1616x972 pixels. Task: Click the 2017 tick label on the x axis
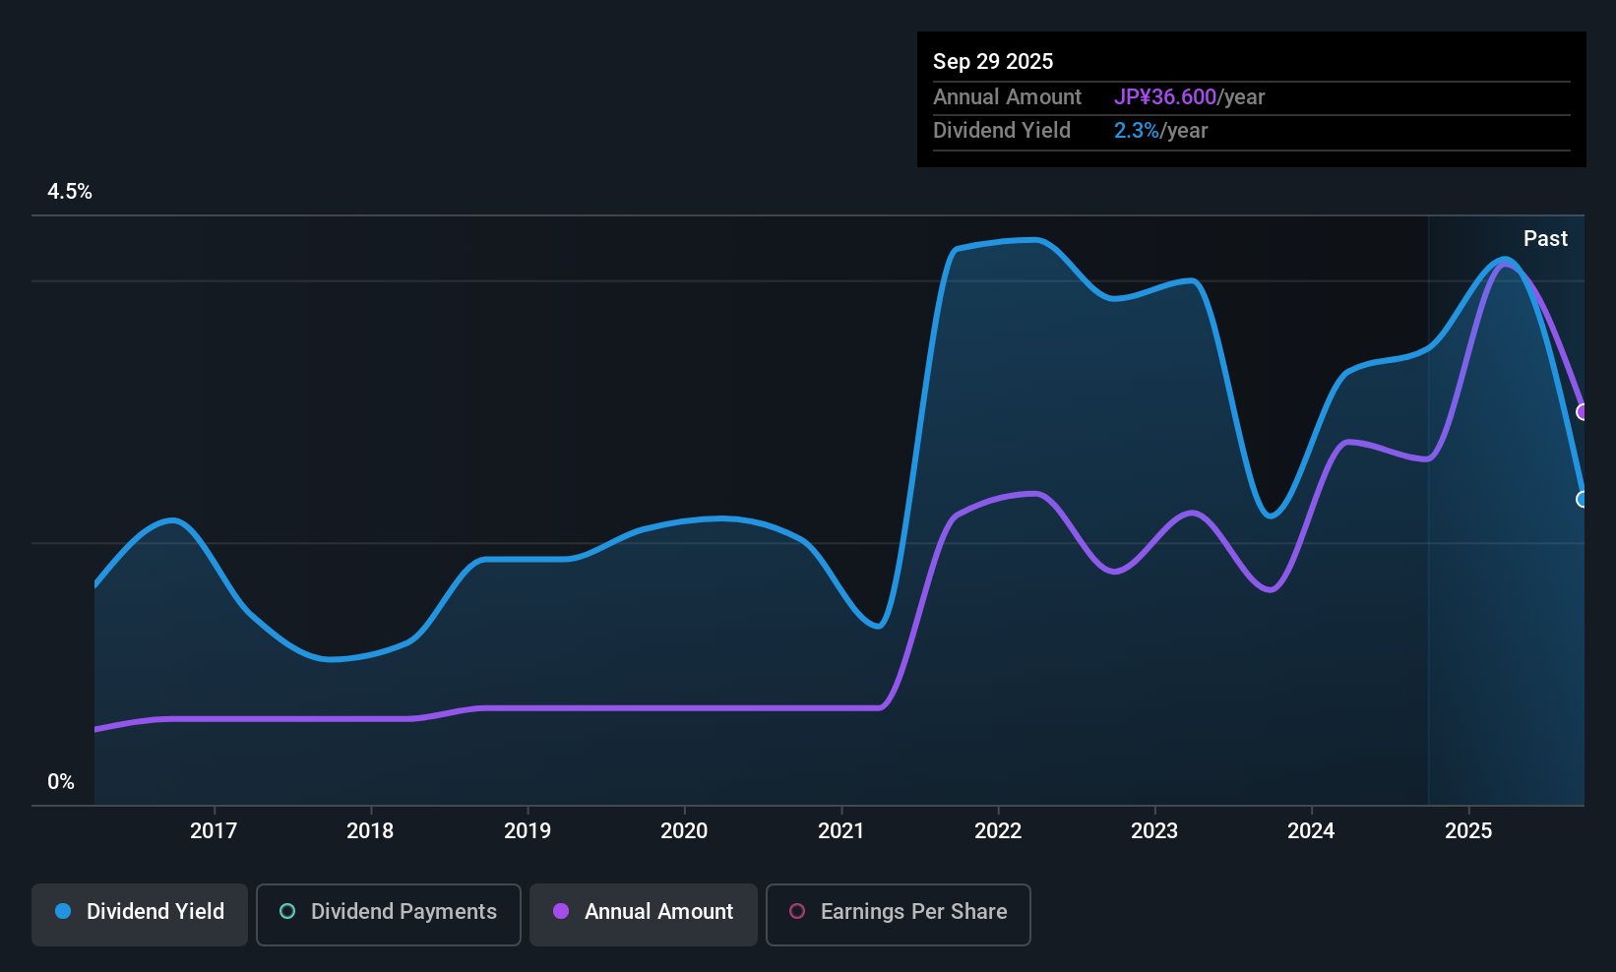click(x=214, y=830)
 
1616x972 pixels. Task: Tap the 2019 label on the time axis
click(x=528, y=830)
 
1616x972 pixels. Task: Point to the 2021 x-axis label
click(x=841, y=830)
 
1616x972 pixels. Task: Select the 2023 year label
click(x=1154, y=830)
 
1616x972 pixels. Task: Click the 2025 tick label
click(x=1468, y=830)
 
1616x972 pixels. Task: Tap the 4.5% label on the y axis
click(x=70, y=192)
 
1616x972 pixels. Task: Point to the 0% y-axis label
click(x=61, y=782)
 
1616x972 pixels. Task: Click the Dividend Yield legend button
click(x=140, y=912)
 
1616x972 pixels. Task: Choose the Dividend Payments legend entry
click(x=389, y=912)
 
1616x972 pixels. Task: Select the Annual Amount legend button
click(x=644, y=912)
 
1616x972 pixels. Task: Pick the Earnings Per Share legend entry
click(x=898, y=912)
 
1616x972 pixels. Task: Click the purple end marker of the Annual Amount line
click(x=1583, y=412)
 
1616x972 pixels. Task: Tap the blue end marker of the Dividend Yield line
click(x=1583, y=500)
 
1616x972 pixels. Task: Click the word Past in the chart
click(x=1545, y=239)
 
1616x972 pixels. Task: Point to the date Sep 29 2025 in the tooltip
click(x=993, y=61)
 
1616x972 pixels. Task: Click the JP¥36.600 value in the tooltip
click(x=1165, y=97)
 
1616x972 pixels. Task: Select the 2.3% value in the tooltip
click(x=1137, y=131)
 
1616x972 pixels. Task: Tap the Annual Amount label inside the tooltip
click(x=1007, y=97)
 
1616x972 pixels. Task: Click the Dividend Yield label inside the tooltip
click(x=1002, y=131)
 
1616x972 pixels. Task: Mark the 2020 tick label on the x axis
click(x=684, y=830)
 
